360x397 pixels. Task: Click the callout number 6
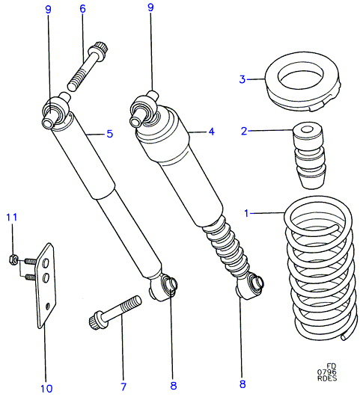tap(82, 9)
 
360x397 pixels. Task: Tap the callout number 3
tap(242, 79)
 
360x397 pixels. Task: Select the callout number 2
tap(244, 131)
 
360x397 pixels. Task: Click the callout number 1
tap(246, 213)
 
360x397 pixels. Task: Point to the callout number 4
tap(211, 132)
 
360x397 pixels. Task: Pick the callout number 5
tap(109, 134)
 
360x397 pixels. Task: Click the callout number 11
tap(12, 218)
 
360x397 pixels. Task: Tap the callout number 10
tap(46, 388)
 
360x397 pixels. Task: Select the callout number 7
tap(123, 387)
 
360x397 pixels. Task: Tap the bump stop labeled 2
tap(308, 156)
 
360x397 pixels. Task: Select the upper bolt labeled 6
tap(88, 67)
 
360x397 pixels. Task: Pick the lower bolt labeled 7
tap(115, 313)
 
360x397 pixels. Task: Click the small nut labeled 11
tap(13, 259)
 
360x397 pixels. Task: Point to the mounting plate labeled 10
tap(46, 286)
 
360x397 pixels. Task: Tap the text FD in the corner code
tap(331, 366)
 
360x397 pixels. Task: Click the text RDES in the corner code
tap(327, 378)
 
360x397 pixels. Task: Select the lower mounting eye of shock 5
tap(163, 288)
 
